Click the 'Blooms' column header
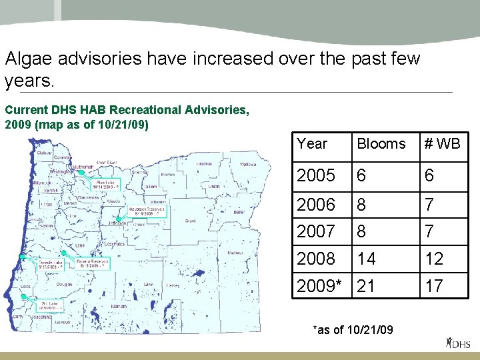[381, 144]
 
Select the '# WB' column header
[443, 144]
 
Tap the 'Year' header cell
[312, 144]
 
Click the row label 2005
[316, 175]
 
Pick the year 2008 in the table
[316, 259]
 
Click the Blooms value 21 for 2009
[366, 286]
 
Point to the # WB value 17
[434, 286]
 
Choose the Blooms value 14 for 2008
[366, 259]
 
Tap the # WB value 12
[434, 259]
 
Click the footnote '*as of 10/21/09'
[353, 330]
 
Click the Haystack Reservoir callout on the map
[144, 211]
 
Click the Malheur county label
[235, 253]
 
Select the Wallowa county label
[248, 164]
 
